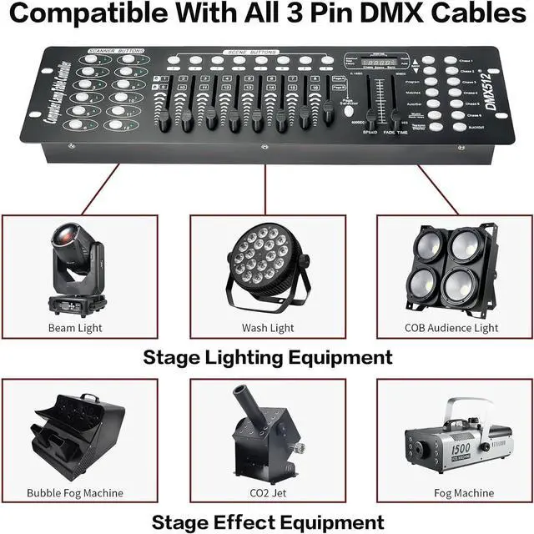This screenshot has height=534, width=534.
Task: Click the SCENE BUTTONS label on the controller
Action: (x=251, y=53)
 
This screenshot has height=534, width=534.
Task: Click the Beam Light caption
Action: (x=78, y=328)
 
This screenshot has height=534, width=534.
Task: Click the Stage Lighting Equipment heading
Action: (x=267, y=358)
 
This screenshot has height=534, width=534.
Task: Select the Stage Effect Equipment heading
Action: (x=267, y=521)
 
